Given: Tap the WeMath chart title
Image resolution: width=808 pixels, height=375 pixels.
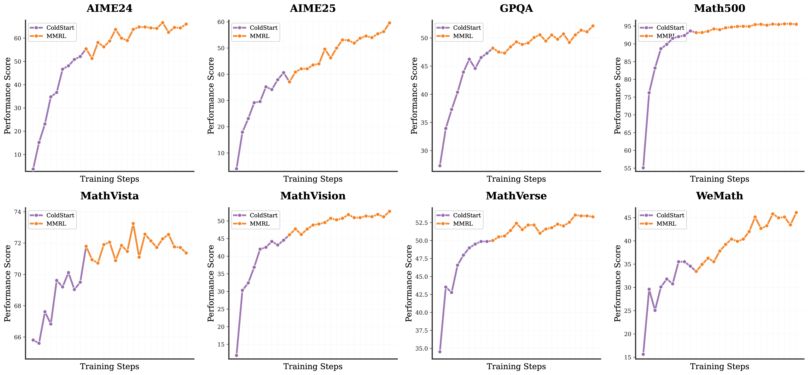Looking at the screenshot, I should (x=720, y=196).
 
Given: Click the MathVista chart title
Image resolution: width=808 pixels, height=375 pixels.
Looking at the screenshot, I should (x=109, y=196).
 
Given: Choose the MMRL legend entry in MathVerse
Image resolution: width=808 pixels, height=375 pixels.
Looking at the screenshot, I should (x=463, y=224).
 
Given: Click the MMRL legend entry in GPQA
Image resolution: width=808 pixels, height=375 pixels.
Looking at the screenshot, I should (x=463, y=36).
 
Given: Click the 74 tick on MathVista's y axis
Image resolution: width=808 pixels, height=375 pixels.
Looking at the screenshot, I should (x=17, y=212).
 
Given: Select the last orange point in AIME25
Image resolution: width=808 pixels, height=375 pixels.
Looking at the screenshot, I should (x=390, y=23).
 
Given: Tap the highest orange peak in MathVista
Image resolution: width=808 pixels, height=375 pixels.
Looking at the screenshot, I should (x=133, y=224).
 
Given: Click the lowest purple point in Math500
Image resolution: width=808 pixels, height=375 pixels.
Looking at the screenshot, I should (x=643, y=168).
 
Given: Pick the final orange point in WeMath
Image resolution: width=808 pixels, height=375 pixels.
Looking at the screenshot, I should (x=796, y=213).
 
